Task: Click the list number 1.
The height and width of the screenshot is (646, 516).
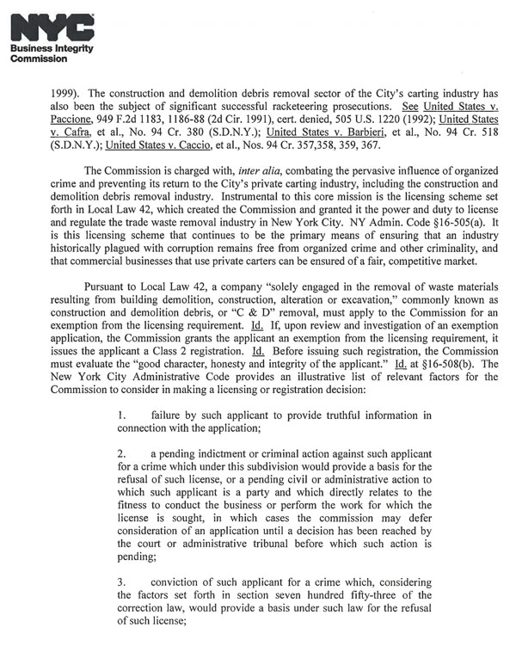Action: [x=122, y=416]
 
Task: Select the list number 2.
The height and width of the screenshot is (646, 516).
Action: [x=122, y=453]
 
